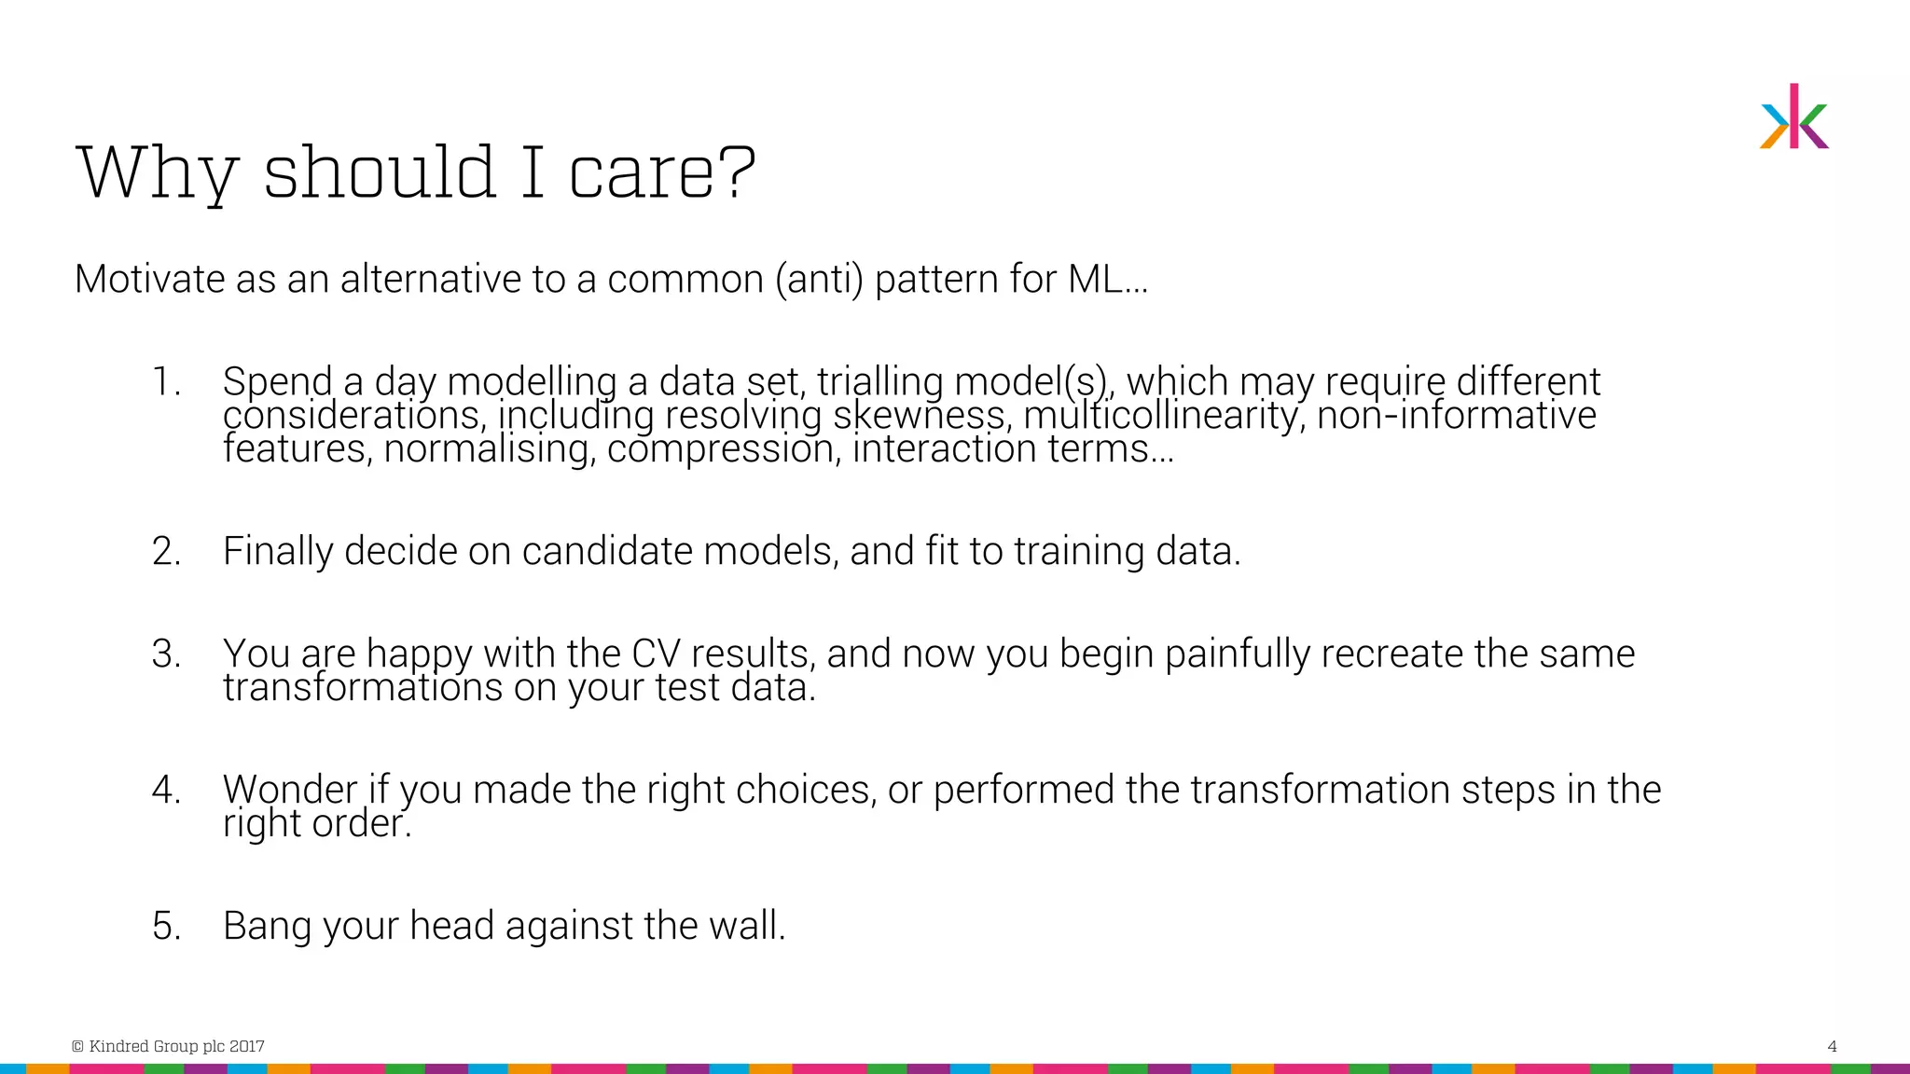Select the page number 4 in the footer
point(1832,1046)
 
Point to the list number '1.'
point(166,382)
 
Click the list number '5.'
point(166,926)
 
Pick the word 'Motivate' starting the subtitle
point(149,280)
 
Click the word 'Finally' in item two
point(277,551)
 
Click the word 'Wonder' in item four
point(289,790)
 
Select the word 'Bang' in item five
point(266,926)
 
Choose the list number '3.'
point(166,654)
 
